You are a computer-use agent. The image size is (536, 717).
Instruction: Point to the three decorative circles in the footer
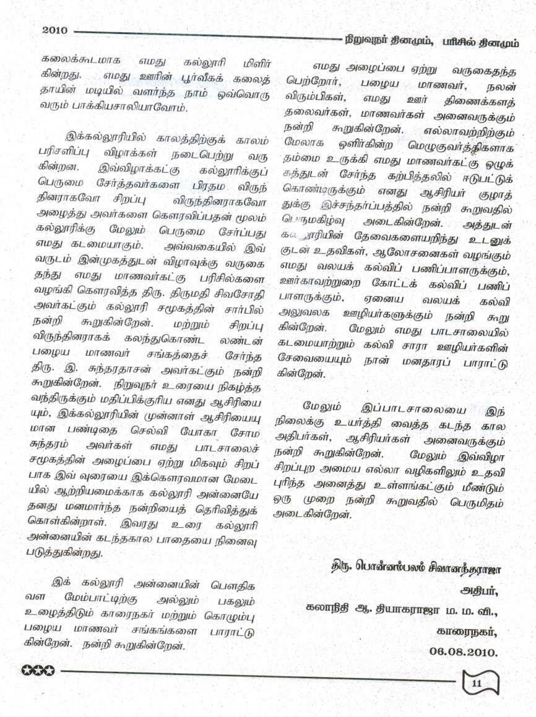38,669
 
